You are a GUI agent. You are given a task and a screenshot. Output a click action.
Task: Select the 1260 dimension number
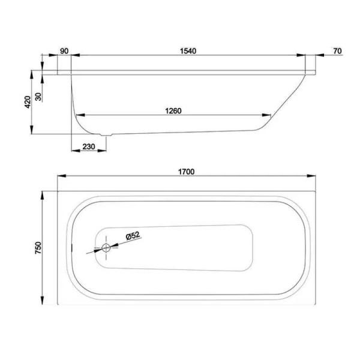[172, 110]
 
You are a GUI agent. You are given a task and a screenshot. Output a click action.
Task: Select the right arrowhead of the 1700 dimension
[313, 176]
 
